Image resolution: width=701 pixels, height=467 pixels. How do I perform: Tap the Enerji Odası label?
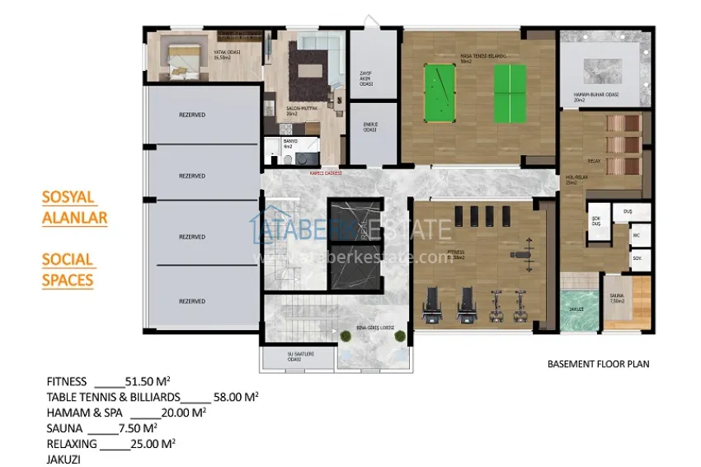click(370, 128)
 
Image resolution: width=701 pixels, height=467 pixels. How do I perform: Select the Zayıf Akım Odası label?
click(366, 78)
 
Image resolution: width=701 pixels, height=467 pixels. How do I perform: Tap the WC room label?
click(637, 234)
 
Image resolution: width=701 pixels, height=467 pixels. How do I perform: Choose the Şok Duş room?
click(596, 221)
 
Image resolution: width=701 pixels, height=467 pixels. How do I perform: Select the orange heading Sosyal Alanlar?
click(74, 208)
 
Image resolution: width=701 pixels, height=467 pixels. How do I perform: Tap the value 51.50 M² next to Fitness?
click(147, 381)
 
